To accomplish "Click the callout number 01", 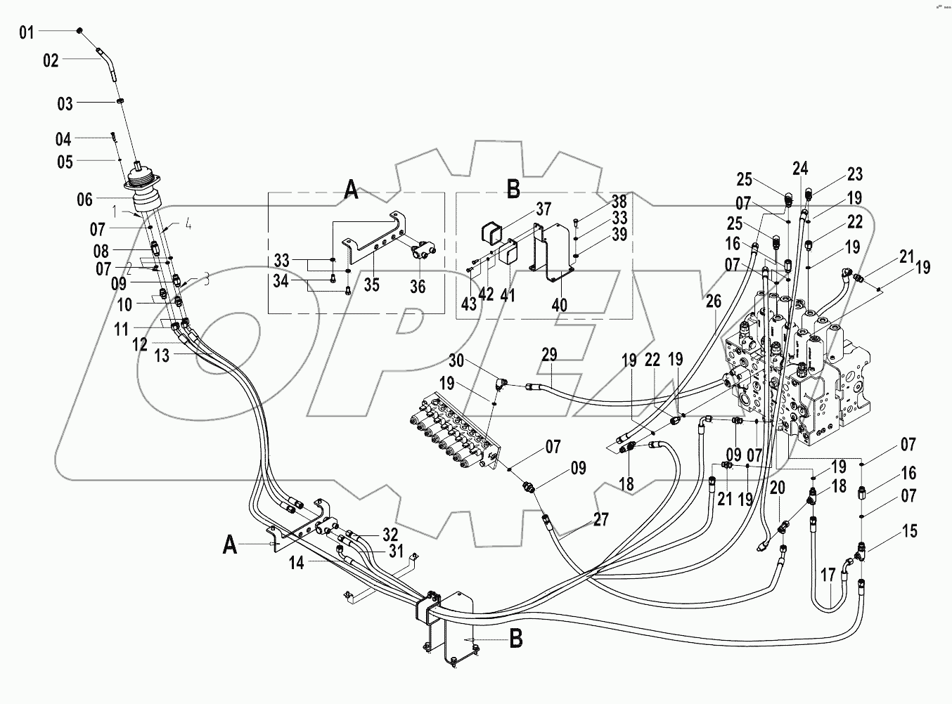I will (x=26, y=32).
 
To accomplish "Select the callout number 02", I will (x=51, y=61).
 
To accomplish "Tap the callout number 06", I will (x=84, y=200).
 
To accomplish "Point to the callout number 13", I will (x=162, y=356).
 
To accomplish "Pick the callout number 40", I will (x=560, y=305).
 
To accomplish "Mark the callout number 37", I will (x=543, y=209).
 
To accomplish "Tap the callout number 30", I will (x=456, y=360).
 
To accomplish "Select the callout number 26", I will (x=714, y=301).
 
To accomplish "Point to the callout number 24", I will (x=800, y=169).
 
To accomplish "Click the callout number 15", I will (x=909, y=532).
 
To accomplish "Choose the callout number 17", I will (x=828, y=575).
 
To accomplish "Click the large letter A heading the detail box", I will (x=351, y=190).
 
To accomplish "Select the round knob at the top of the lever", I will (x=81, y=30).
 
